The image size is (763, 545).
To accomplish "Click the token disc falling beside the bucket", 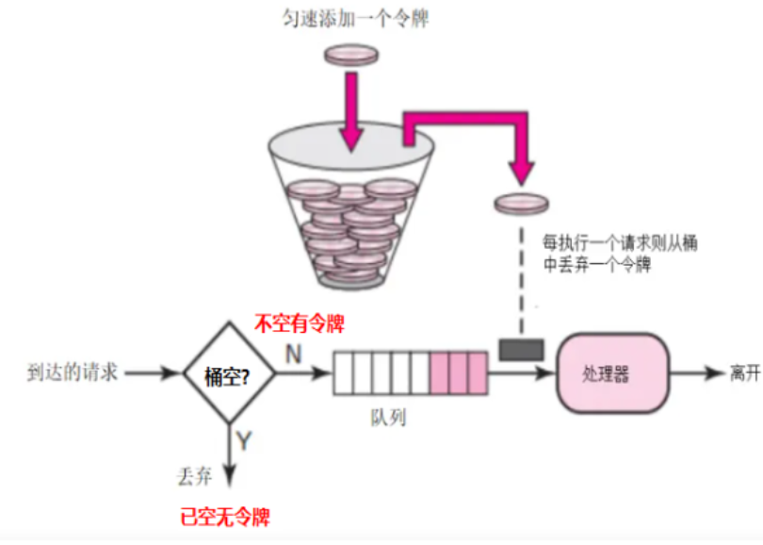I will (x=521, y=203).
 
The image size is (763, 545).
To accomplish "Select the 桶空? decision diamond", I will (x=227, y=374).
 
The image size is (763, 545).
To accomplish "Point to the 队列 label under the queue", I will (x=387, y=414).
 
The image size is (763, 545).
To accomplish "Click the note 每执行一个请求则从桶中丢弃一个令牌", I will (x=611, y=254).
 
